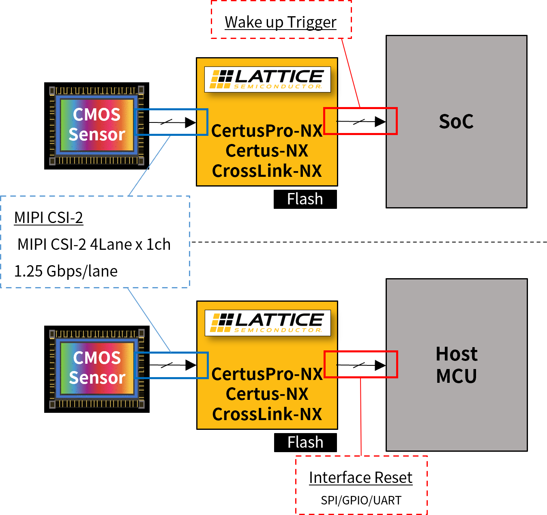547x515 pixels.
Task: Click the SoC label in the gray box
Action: (x=456, y=121)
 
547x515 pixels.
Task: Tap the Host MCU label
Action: (x=456, y=365)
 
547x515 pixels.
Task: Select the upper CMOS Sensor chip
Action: (x=97, y=125)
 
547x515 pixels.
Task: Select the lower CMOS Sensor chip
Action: (x=97, y=368)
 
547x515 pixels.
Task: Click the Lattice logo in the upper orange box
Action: (x=267, y=79)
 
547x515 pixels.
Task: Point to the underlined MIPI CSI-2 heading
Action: (x=49, y=218)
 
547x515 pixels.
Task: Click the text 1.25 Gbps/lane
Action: (x=66, y=271)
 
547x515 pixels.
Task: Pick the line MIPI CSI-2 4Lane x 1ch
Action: (x=94, y=245)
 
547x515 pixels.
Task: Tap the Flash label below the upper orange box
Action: (x=305, y=199)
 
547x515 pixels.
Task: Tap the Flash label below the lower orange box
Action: (x=305, y=442)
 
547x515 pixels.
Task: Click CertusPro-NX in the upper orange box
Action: (x=267, y=131)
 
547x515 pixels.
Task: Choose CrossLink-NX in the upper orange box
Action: (x=267, y=171)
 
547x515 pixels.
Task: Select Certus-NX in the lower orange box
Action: (x=267, y=394)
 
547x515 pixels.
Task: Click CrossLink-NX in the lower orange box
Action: (x=267, y=414)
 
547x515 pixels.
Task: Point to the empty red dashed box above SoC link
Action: (x=281, y=19)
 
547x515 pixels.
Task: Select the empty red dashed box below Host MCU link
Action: (x=361, y=485)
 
